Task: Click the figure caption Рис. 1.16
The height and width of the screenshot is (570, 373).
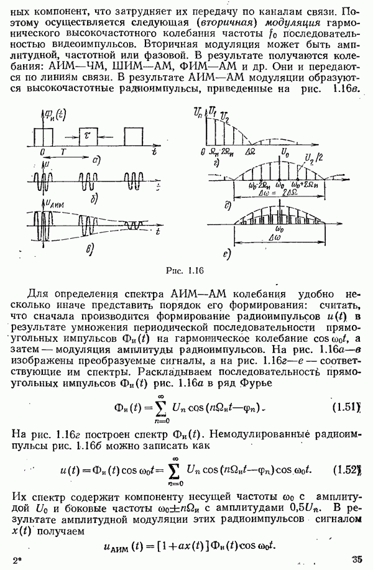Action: [x=186, y=270]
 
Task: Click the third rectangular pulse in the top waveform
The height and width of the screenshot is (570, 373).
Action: [x=133, y=136]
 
